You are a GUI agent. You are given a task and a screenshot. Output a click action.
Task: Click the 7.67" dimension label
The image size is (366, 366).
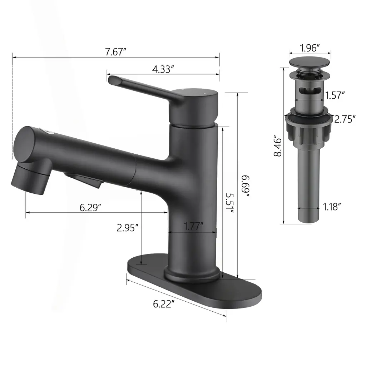[x=115, y=51]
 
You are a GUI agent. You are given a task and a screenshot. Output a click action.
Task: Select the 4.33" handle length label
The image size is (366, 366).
[x=163, y=69]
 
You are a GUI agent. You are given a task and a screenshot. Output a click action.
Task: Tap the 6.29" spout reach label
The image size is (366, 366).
[x=90, y=208]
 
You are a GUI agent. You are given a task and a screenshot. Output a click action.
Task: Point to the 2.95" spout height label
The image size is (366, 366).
[x=128, y=228]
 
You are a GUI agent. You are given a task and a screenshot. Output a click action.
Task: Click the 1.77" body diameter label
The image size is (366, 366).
[x=193, y=226]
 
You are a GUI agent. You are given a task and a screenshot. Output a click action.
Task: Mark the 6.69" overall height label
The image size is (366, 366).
[x=245, y=186]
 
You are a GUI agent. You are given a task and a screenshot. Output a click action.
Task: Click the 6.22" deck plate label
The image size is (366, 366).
[x=164, y=304]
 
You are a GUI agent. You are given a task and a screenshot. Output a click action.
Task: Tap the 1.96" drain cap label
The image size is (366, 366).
[x=310, y=48]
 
